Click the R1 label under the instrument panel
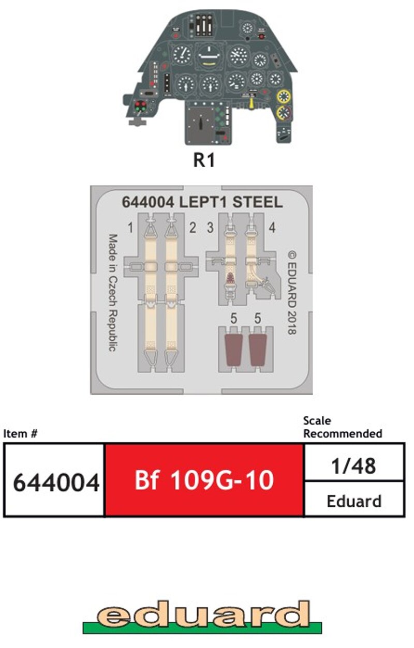pos(204,160)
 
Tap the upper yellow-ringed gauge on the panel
pos(284,96)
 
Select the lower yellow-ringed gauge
pos(284,113)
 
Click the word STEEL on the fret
pos(257,202)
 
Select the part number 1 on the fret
pos(131,227)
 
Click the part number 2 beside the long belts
pos(193,227)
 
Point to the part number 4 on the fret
pos(272,227)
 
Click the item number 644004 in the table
pos(55,482)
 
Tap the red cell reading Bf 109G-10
pos(204,480)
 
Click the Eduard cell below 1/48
pos(354,501)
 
